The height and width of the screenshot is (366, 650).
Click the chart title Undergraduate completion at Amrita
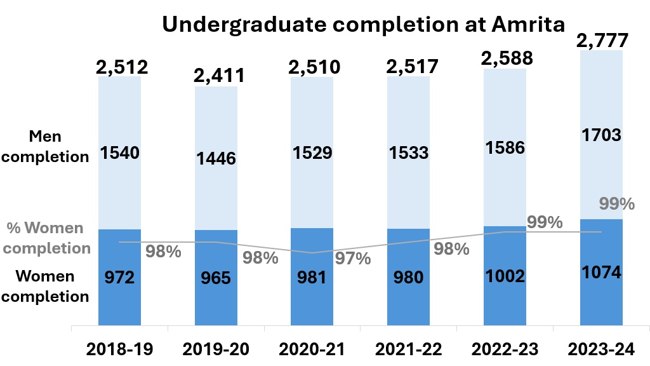coord(363,24)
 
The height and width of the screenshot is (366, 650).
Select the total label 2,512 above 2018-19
coord(122,66)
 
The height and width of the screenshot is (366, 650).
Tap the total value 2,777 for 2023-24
coord(602,41)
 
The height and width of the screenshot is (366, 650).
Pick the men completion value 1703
coord(600,135)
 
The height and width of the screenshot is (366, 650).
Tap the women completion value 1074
coord(600,273)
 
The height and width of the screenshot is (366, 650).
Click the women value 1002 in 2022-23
coord(505,276)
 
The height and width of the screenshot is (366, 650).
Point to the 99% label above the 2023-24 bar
coord(617,204)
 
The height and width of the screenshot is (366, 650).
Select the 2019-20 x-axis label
coord(215,348)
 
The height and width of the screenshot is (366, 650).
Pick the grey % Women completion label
coord(49,238)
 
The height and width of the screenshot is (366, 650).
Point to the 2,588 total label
coord(507,58)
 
